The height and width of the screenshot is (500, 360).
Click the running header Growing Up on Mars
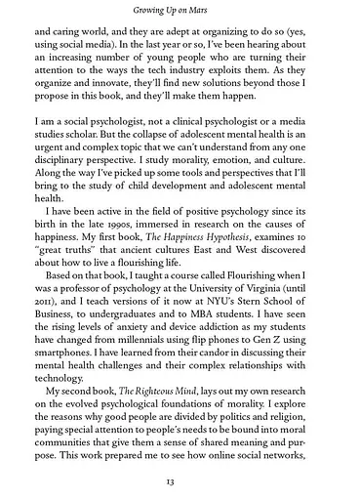coord(180,12)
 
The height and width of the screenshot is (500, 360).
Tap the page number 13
coord(180,481)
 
